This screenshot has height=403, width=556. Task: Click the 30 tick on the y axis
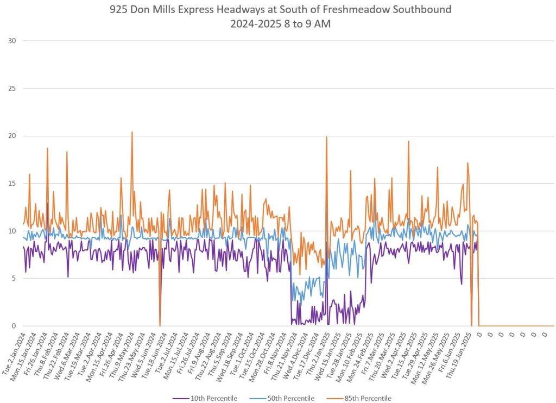tap(12, 41)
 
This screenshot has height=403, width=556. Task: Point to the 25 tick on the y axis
tap(12, 89)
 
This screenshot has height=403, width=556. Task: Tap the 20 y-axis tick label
tap(12, 136)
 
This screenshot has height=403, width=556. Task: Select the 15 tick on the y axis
tap(12, 184)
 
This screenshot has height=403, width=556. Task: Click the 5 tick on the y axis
tap(14, 279)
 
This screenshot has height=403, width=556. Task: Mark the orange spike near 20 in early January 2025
tap(326, 137)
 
